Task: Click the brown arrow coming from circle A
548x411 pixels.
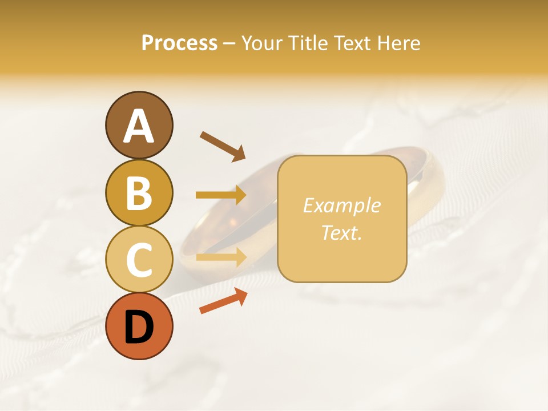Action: pyautogui.click(x=223, y=146)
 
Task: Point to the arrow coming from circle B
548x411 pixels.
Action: pyautogui.click(x=221, y=195)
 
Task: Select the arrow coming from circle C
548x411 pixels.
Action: pyautogui.click(x=221, y=257)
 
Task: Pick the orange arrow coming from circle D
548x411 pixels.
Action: pyautogui.click(x=223, y=301)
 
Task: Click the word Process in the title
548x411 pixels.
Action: pyautogui.click(x=179, y=43)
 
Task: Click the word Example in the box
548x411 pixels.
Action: pyautogui.click(x=341, y=205)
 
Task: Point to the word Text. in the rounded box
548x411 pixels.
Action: pyautogui.click(x=341, y=232)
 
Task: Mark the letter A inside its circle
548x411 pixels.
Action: pyautogui.click(x=139, y=126)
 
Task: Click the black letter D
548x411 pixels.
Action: pyautogui.click(x=139, y=328)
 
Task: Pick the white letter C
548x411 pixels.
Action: pyautogui.click(x=139, y=260)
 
